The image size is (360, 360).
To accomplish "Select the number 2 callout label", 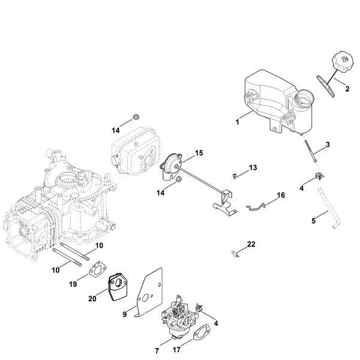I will [x=347, y=89].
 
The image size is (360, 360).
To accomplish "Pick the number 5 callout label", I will [x=314, y=221].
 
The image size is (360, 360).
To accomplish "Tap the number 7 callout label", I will [x=157, y=350].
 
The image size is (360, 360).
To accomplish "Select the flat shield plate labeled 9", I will [x=144, y=291].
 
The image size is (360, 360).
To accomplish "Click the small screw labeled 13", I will [x=236, y=175].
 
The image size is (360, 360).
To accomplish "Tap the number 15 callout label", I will [x=199, y=153].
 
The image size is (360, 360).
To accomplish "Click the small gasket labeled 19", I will [x=95, y=271].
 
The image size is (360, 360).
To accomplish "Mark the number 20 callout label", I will [x=92, y=298].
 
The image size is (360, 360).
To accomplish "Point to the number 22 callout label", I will [x=251, y=244].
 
